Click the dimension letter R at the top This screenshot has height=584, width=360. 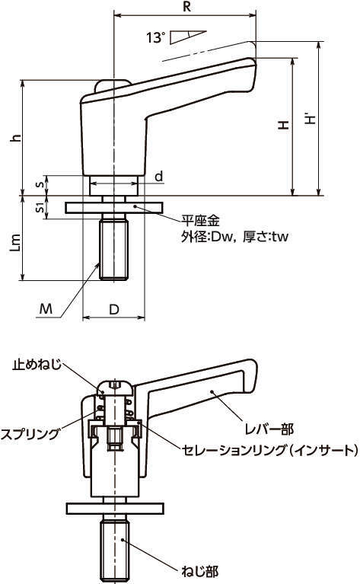[x=187, y=7]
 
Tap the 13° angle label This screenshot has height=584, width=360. [x=155, y=37]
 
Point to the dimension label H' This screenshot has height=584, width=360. [x=311, y=119]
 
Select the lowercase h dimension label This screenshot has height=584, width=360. [x=15, y=137]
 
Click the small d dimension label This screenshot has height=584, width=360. [x=159, y=176]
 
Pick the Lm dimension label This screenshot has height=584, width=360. [x=15, y=243]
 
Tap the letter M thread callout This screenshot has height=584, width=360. [x=46, y=309]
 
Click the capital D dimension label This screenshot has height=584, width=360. [x=114, y=309]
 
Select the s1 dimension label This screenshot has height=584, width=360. [x=40, y=208]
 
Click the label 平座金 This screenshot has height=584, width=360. [x=200, y=221]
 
